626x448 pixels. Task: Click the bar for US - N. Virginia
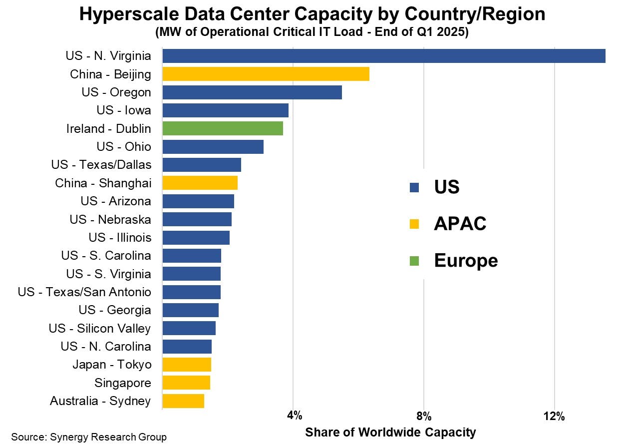point(383,56)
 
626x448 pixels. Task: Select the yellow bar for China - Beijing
point(266,74)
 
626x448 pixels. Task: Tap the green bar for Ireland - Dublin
point(223,128)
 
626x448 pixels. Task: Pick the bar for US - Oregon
point(252,92)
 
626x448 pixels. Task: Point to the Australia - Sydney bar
point(183,401)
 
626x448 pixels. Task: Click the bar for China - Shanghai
point(200,183)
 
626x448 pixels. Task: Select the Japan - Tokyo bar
point(187,365)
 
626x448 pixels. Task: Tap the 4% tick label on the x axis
point(294,416)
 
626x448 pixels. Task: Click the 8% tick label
point(424,416)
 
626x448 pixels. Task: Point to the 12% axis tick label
point(554,416)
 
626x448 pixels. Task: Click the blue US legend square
point(414,188)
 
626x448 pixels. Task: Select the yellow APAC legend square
point(414,224)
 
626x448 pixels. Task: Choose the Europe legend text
point(466,261)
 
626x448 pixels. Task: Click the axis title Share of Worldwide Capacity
point(390,432)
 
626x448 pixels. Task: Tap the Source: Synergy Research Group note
point(89,438)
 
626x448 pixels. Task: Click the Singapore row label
point(122,383)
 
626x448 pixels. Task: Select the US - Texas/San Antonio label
point(84,292)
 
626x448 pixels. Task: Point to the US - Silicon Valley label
point(100,328)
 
